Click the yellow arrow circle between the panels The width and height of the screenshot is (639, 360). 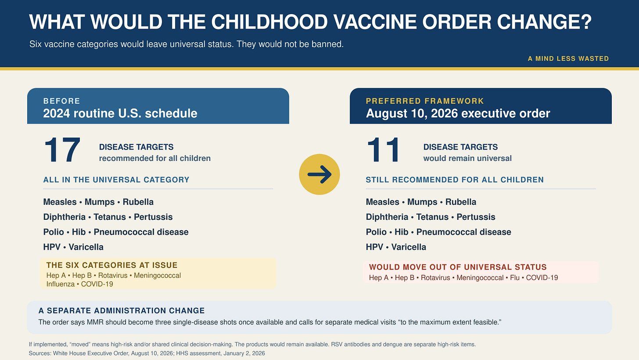tap(319, 174)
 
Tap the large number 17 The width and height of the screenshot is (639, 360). tap(62, 150)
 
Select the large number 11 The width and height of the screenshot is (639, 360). tap(384, 150)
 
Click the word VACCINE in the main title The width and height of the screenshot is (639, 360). tap(375, 22)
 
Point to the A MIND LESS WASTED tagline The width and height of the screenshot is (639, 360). tap(568, 58)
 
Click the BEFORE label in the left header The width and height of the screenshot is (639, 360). tap(61, 101)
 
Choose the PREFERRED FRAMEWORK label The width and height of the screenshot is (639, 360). tap(425, 101)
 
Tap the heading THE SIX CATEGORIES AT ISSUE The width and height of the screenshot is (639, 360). tap(112, 265)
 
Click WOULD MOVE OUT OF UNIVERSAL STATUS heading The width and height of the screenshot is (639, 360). tap(458, 267)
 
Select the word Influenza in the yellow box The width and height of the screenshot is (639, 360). tap(61, 284)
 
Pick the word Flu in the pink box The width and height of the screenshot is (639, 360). tap(515, 278)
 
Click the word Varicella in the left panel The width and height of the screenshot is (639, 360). tap(86, 247)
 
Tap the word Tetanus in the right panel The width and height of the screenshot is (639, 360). tap(432, 217)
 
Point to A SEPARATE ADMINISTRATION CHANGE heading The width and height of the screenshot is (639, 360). tap(122, 311)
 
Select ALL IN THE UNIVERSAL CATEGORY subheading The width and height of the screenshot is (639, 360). tap(116, 180)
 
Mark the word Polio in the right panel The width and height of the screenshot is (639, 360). tap(376, 232)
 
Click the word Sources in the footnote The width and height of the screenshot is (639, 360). tap(39, 353)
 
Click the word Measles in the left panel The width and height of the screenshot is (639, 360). tap(60, 202)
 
